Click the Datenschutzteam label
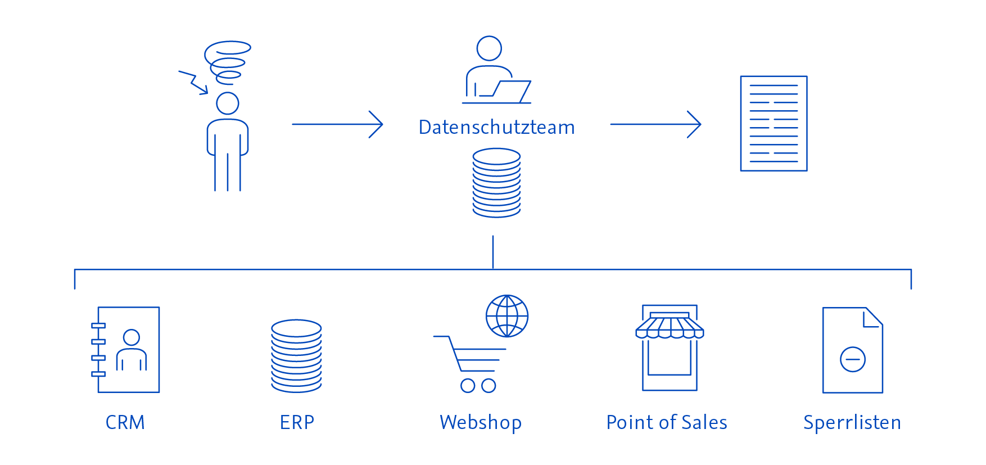pyautogui.click(x=496, y=128)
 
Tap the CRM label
pyautogui.click(x=125, y=422)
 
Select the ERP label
pyautogui.click(x=297, y=422)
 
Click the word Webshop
pyautogui.click(x=481, y=422)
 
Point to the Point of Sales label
pyautogui.click(x=667, y=422)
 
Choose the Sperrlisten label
pyautogui.click(x=852, y=422)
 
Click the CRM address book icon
pyautogui.click(x=126, y=349)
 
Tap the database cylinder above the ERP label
pyautogui.click(x=296, y=356)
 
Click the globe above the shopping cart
pyautogui.click(x=507, y=316)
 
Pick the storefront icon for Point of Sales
pyautogui.click(x=670, y=348)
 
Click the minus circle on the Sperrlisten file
pyautogui.click(x=852, y=359)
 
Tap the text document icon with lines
pyautogui.click(x=774, y=123)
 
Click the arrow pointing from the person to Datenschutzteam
pyautogui.click(x=337, y=124)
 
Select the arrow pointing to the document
pyautogui.click(x=655, y=124)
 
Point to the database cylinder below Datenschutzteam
pyautogui.click(x=496, y=183)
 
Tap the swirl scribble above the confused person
pyautogui.click(x=228, y=61)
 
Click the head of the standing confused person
pyautogui.click(x=228, y=103)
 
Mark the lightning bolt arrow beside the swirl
pyautogui.click(x=193, y=82)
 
